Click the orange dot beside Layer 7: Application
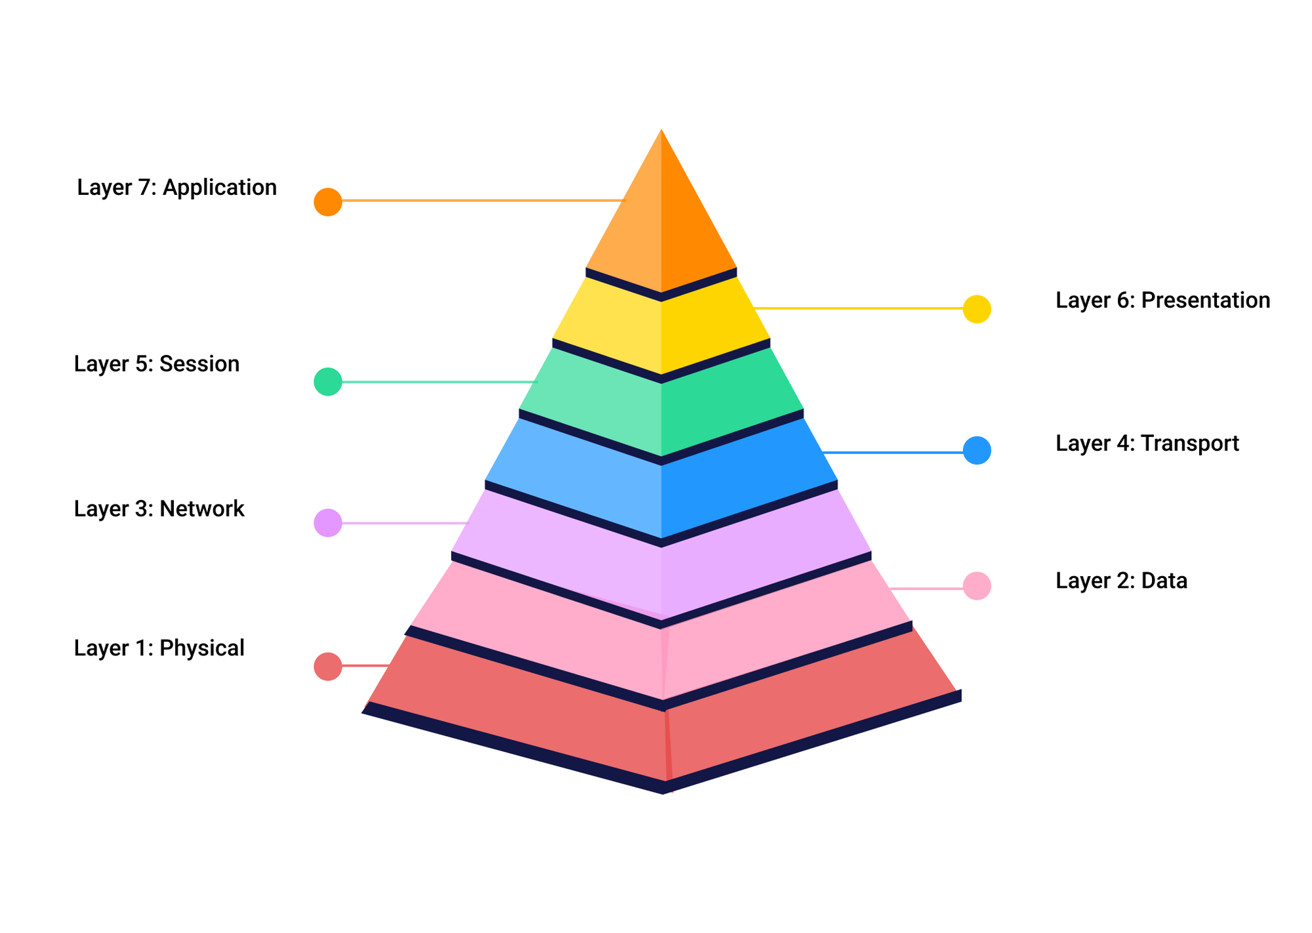[327, 202]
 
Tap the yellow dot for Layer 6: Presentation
[977, 309]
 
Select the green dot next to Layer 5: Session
[327, 382]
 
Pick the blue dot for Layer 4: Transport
[977, 451]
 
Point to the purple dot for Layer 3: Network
[327, 523]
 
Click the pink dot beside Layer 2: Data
[977, 586]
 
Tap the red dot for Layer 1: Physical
[327, 667]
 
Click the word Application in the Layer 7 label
[220, 188]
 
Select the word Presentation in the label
[1205, 301]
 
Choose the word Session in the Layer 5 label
[199, 364]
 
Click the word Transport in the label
[1189, 444]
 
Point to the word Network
[201, 509]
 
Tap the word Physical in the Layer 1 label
[201, 648]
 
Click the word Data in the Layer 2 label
[1164, 581]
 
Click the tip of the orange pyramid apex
[661, 133]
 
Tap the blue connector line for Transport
[892, 452]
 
